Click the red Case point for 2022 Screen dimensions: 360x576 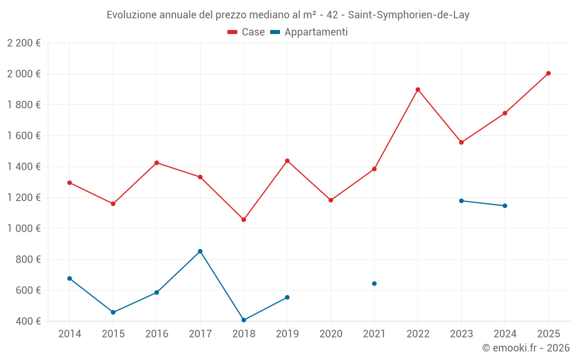point(418,89)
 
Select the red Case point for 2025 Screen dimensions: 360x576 point(548,73)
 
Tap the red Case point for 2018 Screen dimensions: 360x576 point(244,219)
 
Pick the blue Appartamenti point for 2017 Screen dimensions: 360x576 point(200,251)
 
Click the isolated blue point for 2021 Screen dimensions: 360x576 point(374,283)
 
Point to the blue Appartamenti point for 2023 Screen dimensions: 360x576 point(461,200)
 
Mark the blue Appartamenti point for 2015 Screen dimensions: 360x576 point(113,312)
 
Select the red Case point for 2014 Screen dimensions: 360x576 point(70,183)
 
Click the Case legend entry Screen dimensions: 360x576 point(247,32)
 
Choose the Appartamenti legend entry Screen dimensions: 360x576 point(309,32)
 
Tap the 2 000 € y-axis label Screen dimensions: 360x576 point(24,74)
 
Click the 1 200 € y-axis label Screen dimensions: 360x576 point(24,198)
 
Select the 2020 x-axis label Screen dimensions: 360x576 point(331,334)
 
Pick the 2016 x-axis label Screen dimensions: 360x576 point(157,334)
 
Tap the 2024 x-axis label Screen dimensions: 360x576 point(505,334)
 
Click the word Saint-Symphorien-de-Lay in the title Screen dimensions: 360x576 point(408,15)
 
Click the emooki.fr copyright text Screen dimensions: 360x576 point(526,348)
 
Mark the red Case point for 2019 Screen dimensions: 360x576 point(287,161)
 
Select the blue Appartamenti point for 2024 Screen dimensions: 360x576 point(505,206)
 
